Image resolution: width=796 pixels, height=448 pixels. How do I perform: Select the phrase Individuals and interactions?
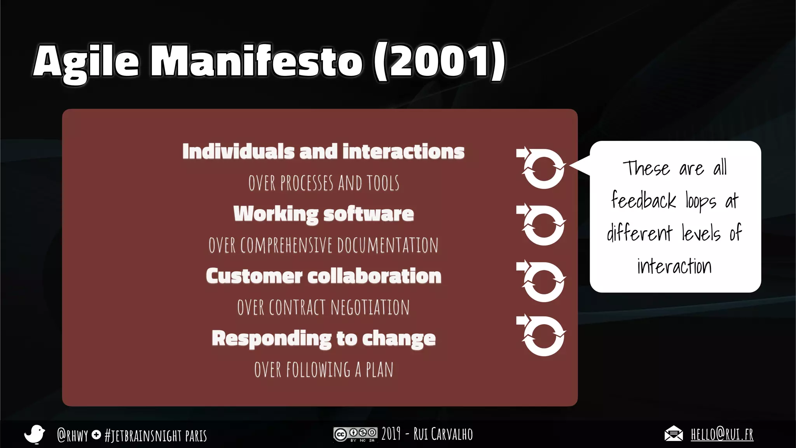323,152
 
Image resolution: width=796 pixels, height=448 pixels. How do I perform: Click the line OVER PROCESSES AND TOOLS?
323,183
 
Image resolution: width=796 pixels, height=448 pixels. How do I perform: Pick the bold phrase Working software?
323,214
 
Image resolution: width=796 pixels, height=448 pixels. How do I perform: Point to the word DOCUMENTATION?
388,245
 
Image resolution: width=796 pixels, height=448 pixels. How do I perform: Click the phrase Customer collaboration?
323,276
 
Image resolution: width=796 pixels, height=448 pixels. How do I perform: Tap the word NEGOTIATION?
370,308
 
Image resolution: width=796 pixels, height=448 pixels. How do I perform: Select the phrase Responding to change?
323,338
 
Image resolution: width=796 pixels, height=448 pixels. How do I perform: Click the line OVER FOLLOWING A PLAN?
323,370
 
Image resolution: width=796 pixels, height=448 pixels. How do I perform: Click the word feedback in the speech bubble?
644,201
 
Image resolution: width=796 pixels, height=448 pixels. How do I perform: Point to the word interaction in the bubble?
674,266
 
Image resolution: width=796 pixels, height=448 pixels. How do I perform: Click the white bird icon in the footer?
35,434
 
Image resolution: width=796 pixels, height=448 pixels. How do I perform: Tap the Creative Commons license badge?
355,434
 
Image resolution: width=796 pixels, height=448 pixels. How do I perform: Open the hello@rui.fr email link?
722,434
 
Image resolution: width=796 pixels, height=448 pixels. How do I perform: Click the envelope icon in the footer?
674,434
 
